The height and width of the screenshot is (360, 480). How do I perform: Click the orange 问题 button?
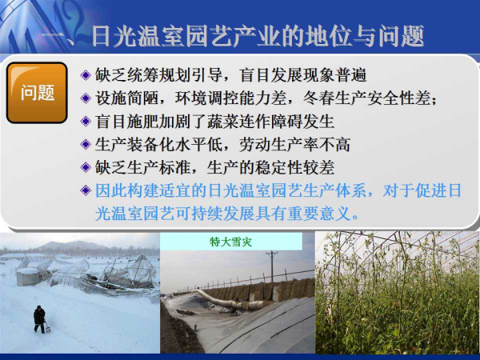pos(37,93)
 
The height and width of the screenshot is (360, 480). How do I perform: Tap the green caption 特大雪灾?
pos(231,242)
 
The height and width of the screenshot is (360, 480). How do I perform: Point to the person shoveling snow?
pos(39,319)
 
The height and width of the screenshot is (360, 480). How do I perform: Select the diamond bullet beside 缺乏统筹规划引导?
pos(86,75)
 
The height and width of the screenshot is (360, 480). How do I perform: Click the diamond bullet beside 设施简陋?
pos(86,98)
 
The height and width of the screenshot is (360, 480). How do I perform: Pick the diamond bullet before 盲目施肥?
pos(86,122)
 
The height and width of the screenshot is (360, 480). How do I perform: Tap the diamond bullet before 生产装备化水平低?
pos(86,144)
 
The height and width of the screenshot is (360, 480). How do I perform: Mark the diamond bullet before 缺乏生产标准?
pos(86,167)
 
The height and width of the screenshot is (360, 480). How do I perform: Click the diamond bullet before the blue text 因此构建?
pos(86,190)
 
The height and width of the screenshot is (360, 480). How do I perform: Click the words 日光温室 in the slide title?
pos(138,36)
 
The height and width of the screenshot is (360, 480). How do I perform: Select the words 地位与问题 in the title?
pos(353,36)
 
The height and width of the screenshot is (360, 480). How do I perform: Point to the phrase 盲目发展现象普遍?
pos(302,75)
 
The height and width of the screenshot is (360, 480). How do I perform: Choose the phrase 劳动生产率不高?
pos(294,144)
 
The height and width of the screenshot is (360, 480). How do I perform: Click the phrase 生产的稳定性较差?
pos(270,167)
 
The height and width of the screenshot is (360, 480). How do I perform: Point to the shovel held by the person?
pos(47,327)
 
